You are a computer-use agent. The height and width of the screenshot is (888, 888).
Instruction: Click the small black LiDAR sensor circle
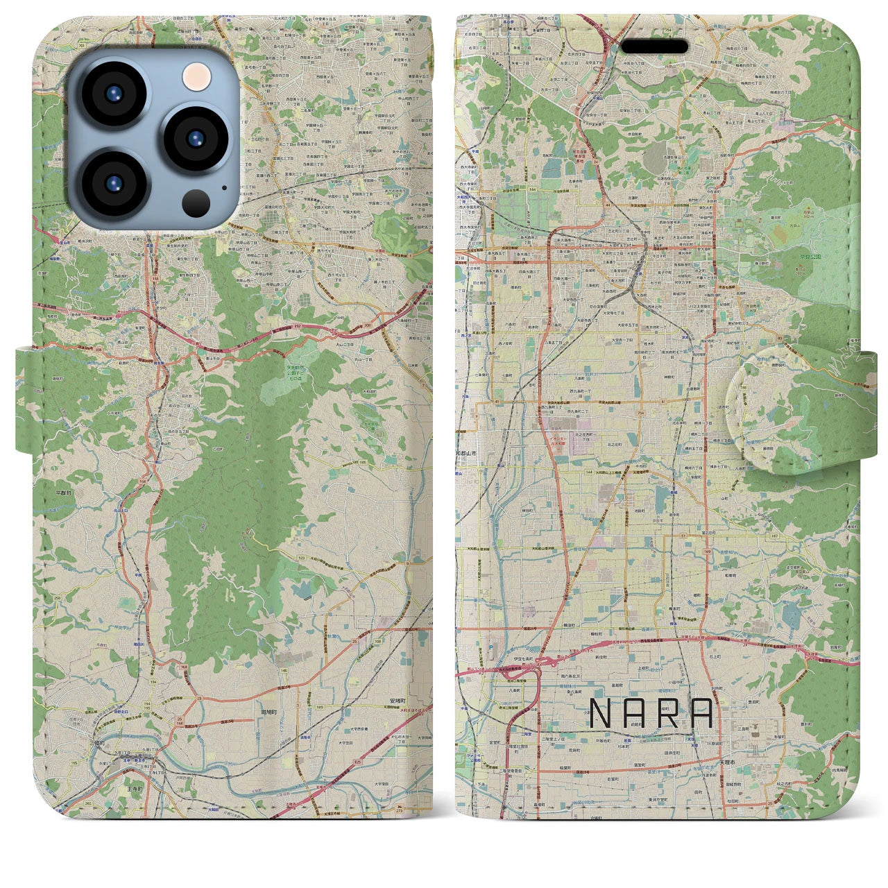tap(196, 202)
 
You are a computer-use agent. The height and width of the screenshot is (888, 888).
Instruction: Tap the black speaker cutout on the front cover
tap(654, 46)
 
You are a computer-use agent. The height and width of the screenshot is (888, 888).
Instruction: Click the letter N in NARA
tap(599, 713)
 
